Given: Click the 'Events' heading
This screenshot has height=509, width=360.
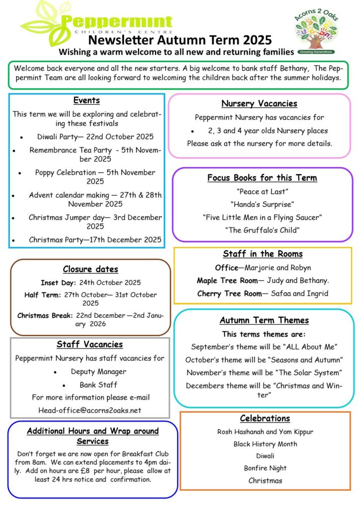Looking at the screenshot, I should click(87, 100).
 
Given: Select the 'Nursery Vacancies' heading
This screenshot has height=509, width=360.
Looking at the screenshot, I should click(259, 103).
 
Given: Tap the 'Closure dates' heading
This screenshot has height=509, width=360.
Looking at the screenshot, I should click(90, 269).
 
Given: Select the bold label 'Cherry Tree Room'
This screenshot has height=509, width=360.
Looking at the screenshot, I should click(229, 293).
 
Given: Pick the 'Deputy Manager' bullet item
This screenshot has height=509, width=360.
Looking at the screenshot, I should click(98, 371).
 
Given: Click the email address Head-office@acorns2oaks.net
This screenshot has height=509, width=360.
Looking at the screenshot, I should click(90, 410).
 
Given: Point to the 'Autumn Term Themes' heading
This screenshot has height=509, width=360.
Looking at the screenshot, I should click(264, 321).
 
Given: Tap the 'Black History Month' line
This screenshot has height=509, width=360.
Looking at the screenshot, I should click(265, 444).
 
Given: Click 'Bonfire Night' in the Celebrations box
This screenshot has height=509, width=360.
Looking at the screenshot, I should click(265, 468).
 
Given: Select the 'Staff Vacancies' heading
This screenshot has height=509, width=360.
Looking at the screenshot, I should click(90, 344).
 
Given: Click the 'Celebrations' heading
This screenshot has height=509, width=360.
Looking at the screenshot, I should click(265, 418).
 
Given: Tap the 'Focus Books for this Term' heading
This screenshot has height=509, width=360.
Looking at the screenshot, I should click(262, 177).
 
